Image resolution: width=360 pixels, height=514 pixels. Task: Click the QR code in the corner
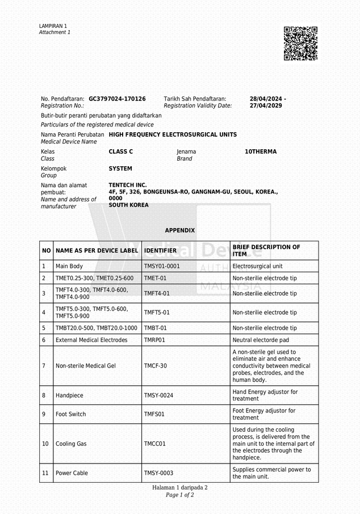pyautogui.click(x=300, y=43)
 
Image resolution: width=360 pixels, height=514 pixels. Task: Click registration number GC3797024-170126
pyautogui.click(x=117, y=99)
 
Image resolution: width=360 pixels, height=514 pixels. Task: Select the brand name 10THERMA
pyautogui.click(x=261, y=152)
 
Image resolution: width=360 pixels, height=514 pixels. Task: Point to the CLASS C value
pyautogui.click(x=120, y=152)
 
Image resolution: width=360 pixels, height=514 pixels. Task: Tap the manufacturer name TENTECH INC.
pyautogui.click(x=128, y=185)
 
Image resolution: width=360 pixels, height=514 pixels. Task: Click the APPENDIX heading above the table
pyautogui.click(x=179, y=230)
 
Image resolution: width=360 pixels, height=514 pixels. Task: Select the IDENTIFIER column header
pyautogui.click(x=160, y=250)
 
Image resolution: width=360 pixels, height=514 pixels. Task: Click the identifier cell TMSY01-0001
pyautogui.click(x=162, y=266)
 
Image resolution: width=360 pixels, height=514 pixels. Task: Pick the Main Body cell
pyautogui.click(x=69, y=266)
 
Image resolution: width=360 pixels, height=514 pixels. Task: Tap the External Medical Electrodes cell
pyautogui.click(x=91, y=340)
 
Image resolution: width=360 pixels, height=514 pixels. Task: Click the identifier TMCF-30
pyautogui.click(x=155, y=366)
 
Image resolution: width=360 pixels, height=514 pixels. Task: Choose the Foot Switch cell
pyautogui.click(x=71, y=414)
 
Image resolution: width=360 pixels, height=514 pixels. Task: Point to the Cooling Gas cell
pyautogui.click(x=71, y=444)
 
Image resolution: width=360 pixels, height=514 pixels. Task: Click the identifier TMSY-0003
pyautogui.click(x=158, y=473)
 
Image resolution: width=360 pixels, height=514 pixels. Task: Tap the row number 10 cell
pyautogui.click(x=45, y=444)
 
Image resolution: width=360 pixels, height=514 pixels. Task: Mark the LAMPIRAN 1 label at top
pyautogui.click(x=53, y=26)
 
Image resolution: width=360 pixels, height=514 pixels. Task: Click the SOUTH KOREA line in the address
pyautogui.click(x=128, y=205)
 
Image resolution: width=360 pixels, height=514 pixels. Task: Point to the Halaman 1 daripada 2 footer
pyautogui.click(x=179, y=487)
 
